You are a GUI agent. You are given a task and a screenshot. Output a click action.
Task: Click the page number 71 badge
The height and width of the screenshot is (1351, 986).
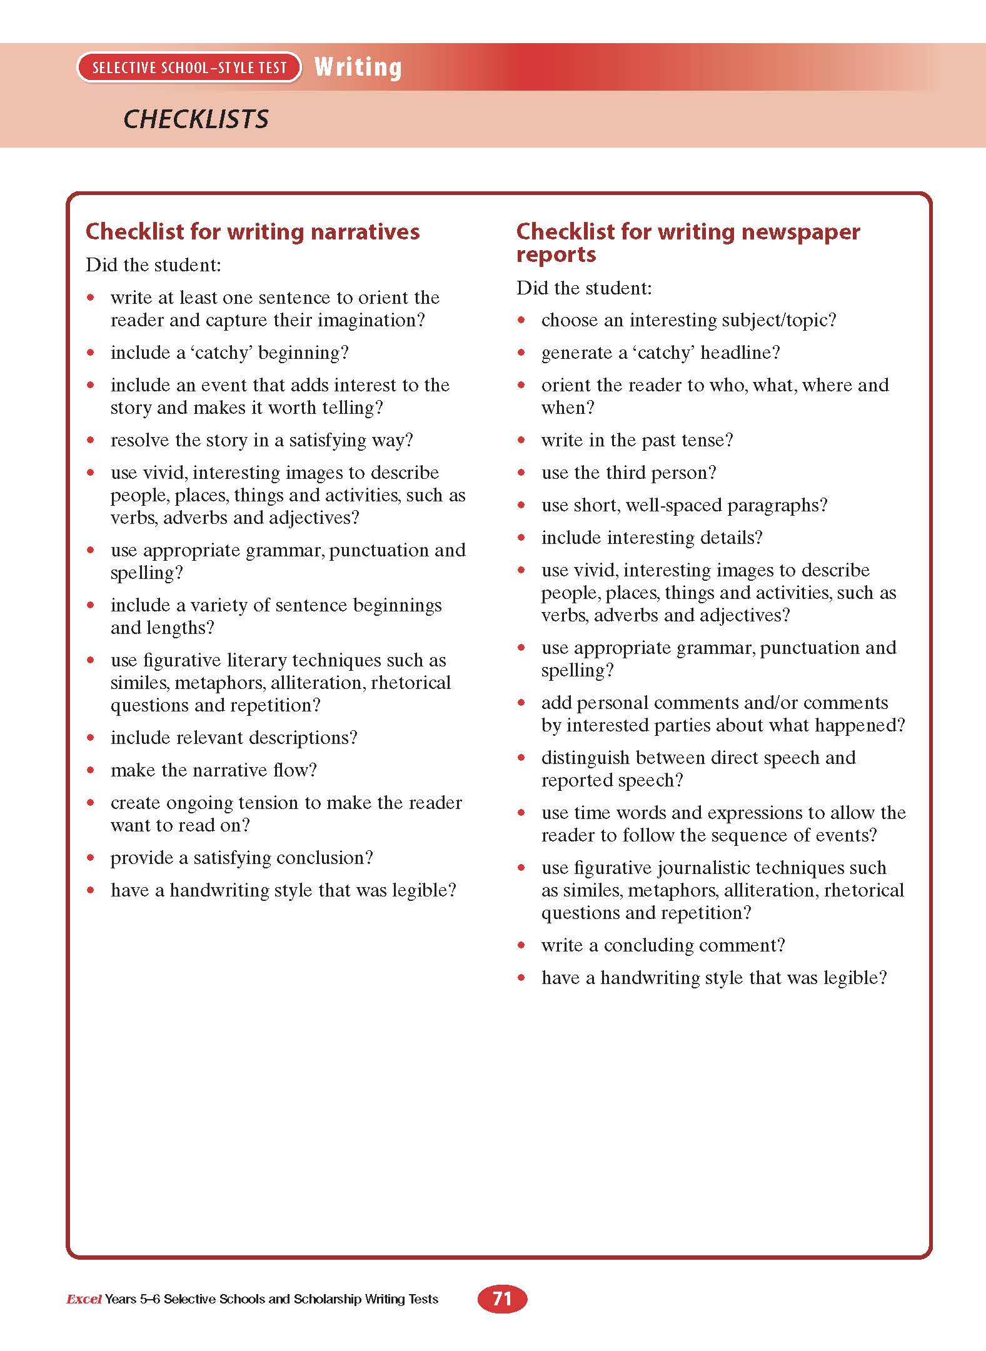click(502, 1298)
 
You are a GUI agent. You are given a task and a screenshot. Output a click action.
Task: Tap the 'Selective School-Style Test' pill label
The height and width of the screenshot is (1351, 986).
click(189, 68)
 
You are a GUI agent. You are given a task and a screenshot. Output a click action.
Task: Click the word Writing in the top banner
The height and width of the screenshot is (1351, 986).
click(358, 67)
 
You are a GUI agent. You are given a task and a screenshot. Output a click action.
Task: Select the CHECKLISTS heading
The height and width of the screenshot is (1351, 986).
click(196, 119)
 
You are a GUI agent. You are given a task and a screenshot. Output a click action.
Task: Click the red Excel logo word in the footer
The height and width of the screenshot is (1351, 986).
click(84, 1299)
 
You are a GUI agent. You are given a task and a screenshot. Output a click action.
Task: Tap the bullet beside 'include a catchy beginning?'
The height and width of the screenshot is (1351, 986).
click(91, 353)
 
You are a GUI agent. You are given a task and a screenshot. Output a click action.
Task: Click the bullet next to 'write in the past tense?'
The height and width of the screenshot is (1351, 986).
click(522, 440)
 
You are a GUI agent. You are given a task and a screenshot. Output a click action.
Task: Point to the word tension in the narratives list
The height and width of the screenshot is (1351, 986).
click(265, 803)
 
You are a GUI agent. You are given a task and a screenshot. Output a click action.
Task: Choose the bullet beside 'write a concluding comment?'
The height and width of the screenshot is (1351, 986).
click(522, 945)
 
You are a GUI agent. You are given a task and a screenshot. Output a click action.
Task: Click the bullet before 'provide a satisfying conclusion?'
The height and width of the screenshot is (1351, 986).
click(91, 858)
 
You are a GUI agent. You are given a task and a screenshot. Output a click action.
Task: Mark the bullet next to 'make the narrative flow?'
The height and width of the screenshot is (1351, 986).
click(91, 770)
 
